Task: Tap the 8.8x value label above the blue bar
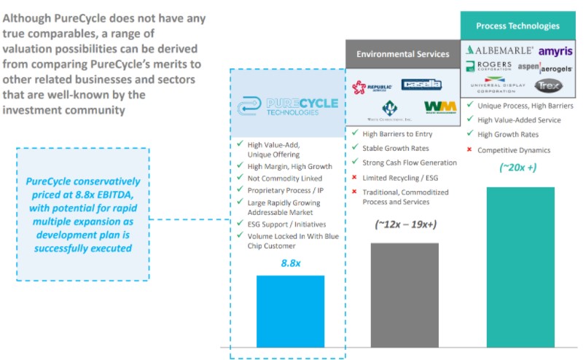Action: [291, 262]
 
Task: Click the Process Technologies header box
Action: [518, 26]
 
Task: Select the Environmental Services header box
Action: [402, 55]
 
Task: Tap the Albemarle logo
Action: [500, 50]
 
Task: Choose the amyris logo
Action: [555, 50]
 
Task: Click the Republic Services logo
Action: [368, 87]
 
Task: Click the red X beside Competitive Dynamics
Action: [469, 149]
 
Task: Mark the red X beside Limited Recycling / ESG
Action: [354, 177]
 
